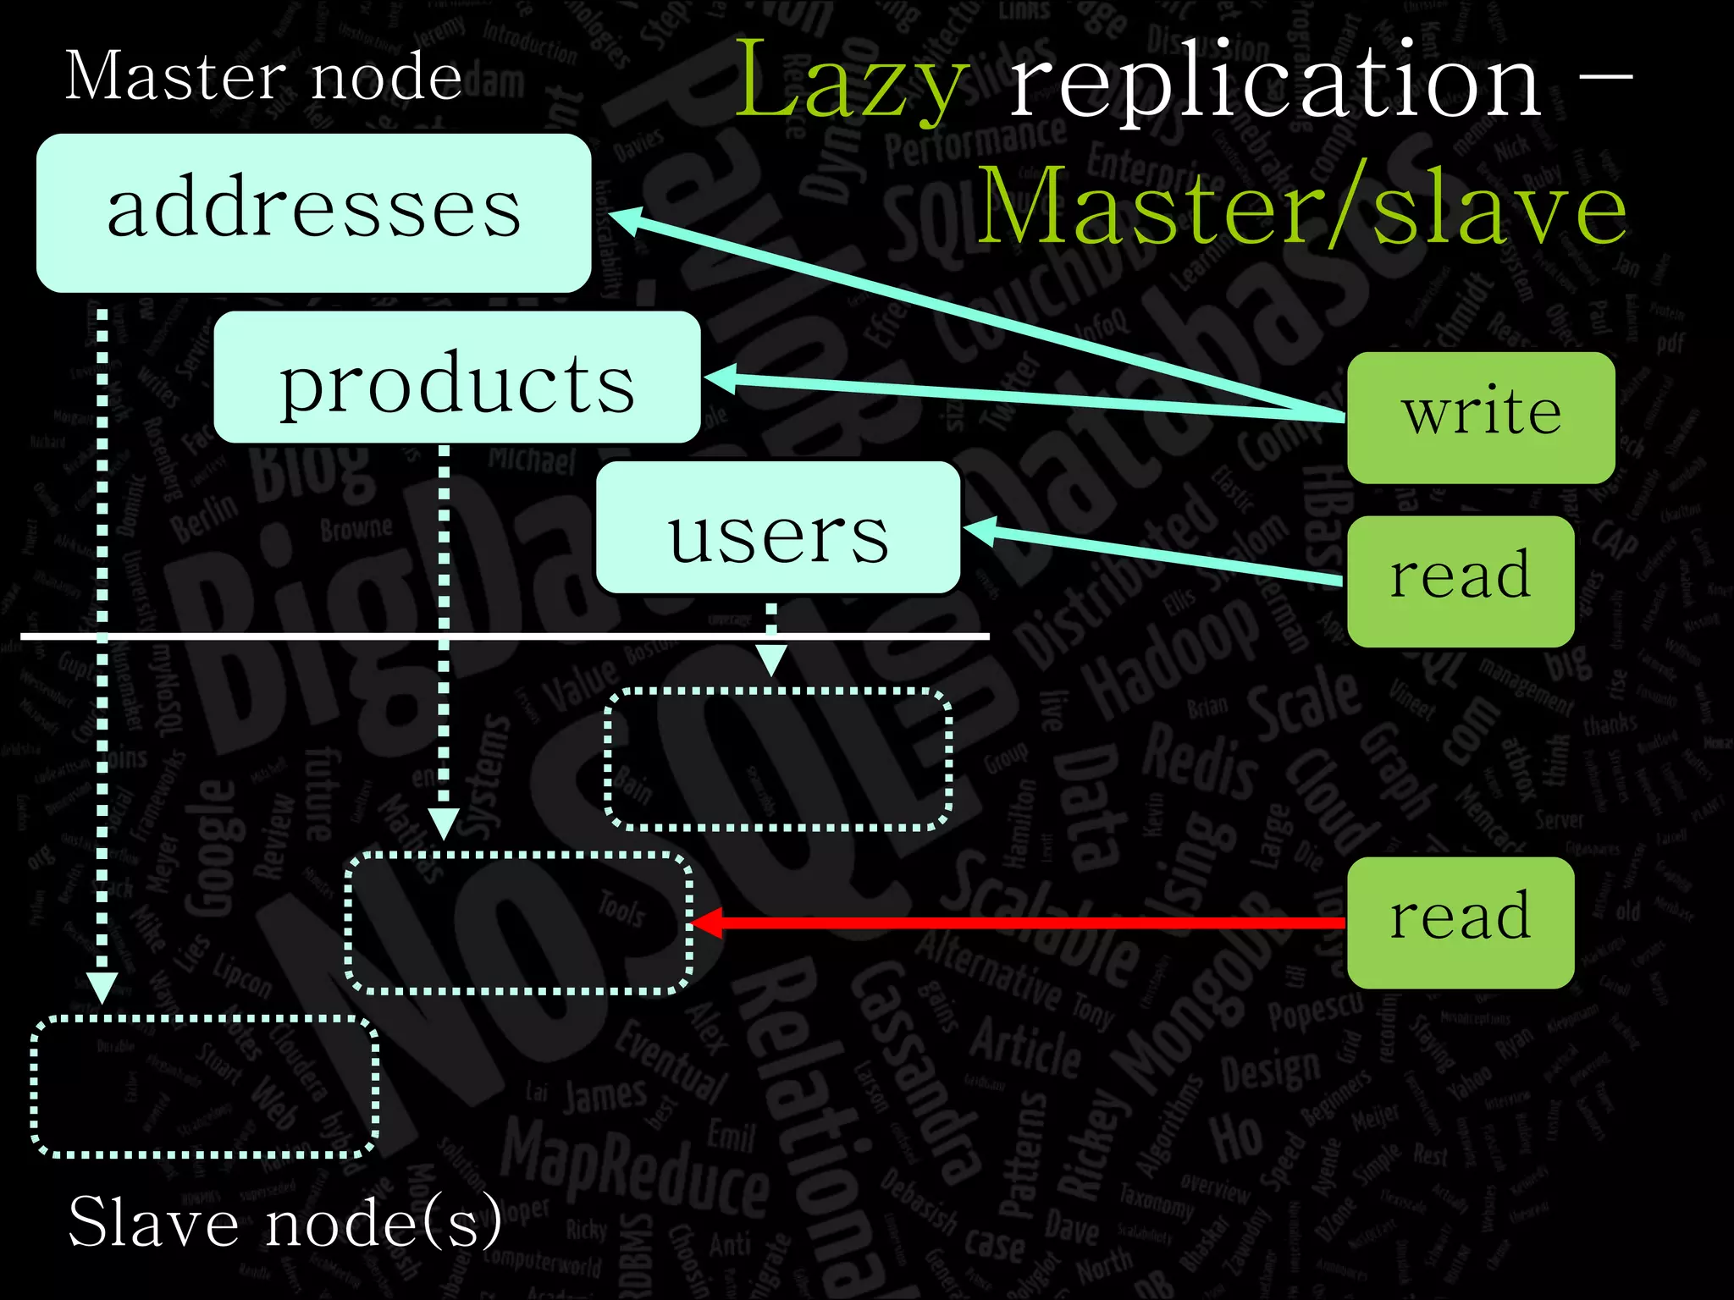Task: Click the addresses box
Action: click(x=313, y=212)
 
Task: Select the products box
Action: click(x=457, y=377)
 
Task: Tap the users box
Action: click(x=778, y=527)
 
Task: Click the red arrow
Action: click(x=1016, y=923)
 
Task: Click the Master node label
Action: click(x=262, y=76)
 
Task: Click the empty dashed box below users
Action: click(x=778, y=759)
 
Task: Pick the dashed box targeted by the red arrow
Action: click(x=518, y=923)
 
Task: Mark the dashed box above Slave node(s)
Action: click(x=204, y=1087)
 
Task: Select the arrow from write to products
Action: click(x=1016, y=395)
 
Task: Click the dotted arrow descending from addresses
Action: click(x=102, y=643)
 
